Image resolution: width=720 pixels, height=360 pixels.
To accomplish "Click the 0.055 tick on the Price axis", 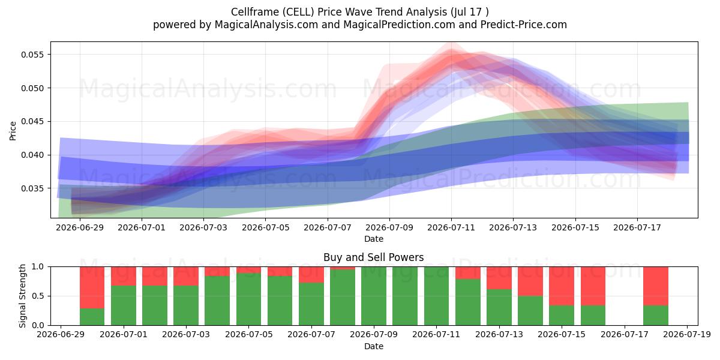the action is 32,55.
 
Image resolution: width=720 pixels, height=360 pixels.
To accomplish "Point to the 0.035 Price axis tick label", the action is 32,188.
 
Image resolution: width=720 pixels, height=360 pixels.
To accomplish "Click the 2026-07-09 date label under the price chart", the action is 389,227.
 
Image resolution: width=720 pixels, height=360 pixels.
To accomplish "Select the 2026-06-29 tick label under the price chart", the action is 80,227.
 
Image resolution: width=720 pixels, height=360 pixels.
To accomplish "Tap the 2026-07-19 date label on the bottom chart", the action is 687,335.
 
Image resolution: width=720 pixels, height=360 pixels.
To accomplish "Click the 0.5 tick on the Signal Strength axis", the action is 38,296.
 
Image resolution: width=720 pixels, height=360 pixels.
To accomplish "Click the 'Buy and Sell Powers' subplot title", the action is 373,257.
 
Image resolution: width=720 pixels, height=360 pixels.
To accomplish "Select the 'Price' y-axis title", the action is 13,131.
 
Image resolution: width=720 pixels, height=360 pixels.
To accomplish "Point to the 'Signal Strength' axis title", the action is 22,296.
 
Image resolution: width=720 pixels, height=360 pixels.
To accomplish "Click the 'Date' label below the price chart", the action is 373,239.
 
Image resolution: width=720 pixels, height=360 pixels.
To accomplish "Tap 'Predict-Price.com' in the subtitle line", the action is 524,25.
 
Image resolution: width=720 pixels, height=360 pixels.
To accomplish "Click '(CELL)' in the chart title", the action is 299,12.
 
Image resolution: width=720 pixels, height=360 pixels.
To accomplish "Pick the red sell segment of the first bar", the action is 92,287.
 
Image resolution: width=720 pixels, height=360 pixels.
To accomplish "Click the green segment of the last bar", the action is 656,316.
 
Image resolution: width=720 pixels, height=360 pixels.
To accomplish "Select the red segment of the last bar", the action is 656,286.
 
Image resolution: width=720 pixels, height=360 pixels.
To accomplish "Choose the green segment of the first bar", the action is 92,317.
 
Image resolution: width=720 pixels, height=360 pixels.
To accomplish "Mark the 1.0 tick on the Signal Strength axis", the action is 38,267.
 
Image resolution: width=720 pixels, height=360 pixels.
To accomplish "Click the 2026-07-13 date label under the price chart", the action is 513,227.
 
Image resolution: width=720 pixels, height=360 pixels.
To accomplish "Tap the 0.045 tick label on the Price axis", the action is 32,121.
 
